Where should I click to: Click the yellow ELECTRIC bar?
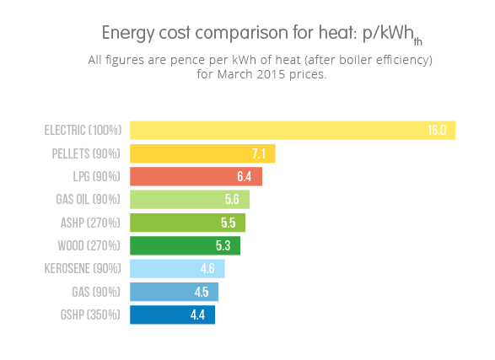pos(292,130)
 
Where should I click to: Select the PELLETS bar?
pos(202,153)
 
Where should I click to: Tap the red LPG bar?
pos(196,176)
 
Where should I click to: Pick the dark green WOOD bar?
pos(185,245)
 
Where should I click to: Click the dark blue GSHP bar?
pos(172,314)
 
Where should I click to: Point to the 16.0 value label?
pos(436,131)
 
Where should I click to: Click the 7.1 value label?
pos(259,153)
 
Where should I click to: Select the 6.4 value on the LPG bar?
pos(245,177)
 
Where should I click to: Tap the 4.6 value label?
pos(207,269)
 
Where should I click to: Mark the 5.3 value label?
pos(223,246)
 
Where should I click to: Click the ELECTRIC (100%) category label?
pos(83,131)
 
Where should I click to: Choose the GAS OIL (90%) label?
pos(88,200)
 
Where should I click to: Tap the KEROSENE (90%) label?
pos(83,269)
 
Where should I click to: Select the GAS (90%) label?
pos(97,292)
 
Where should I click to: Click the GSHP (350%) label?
pos(92,314)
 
